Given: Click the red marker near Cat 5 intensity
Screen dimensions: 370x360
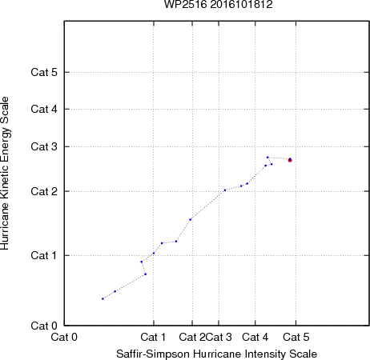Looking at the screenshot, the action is click(290, 160).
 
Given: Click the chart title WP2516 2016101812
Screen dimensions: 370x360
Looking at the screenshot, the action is click(219, 5).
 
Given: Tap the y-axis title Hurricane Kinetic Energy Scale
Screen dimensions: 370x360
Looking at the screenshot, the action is click(5, 174).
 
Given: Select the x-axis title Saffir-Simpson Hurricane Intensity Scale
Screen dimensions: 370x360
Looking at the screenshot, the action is click(217, 354).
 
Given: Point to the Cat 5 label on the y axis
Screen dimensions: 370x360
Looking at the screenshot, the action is click(44, 72).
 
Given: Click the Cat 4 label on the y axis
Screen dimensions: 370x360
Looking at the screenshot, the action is click(44, 109).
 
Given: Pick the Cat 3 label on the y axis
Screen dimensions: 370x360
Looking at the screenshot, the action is click(44, 146).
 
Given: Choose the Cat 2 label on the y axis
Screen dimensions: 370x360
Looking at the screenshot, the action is click(44, 191).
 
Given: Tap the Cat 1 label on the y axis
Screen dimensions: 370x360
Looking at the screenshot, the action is click(44, 255).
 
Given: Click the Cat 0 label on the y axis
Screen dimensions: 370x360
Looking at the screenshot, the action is click(44, 326).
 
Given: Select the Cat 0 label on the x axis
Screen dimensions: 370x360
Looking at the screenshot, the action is click(64, 337).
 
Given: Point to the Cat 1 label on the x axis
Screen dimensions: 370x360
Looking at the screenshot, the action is click(153, 337).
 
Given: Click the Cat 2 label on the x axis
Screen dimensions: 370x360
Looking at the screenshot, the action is click(192, 337).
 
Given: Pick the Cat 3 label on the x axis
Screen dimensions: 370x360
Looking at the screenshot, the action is click(219, 337).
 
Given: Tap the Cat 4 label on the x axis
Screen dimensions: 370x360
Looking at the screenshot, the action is click(255, 337).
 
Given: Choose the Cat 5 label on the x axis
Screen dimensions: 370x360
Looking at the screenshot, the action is click(296, 337).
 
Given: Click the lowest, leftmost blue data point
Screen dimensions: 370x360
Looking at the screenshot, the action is click(103, 298).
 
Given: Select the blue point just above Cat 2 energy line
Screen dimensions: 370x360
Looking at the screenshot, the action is click(225, 190).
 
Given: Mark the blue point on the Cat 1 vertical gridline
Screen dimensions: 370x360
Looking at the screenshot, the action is click(154, 253).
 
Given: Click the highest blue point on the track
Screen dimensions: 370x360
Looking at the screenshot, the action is click(267, 158).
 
